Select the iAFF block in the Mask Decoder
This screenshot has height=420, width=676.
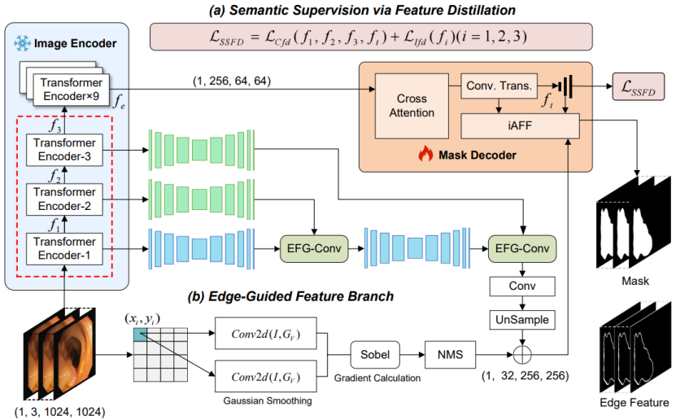click(x=520, y=125)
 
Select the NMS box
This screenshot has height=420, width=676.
click(x=449, y=353)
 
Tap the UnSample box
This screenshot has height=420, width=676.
click(x=522, y=320)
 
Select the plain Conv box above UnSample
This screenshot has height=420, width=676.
click(x=522, y=286)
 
